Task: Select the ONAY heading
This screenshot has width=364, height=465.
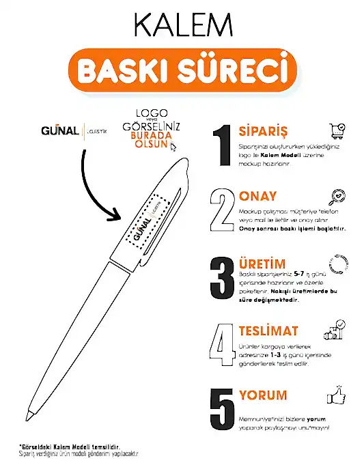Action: [258, 197]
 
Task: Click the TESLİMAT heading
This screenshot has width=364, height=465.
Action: [268, 331]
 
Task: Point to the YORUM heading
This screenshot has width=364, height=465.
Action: [263, 395]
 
